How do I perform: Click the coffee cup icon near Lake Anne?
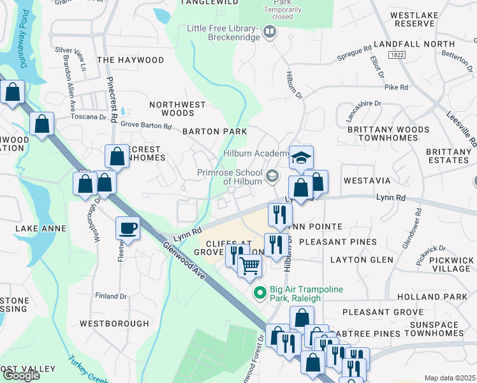[128, 228]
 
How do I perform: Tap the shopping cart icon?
[250, 264]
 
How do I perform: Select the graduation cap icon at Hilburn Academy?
[301, 157]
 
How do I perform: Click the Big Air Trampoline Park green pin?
[260, 293]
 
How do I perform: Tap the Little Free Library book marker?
[270, 32]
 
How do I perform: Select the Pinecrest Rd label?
[110, 100]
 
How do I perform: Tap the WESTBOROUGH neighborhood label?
[115, 324]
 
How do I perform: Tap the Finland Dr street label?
[110, 296]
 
